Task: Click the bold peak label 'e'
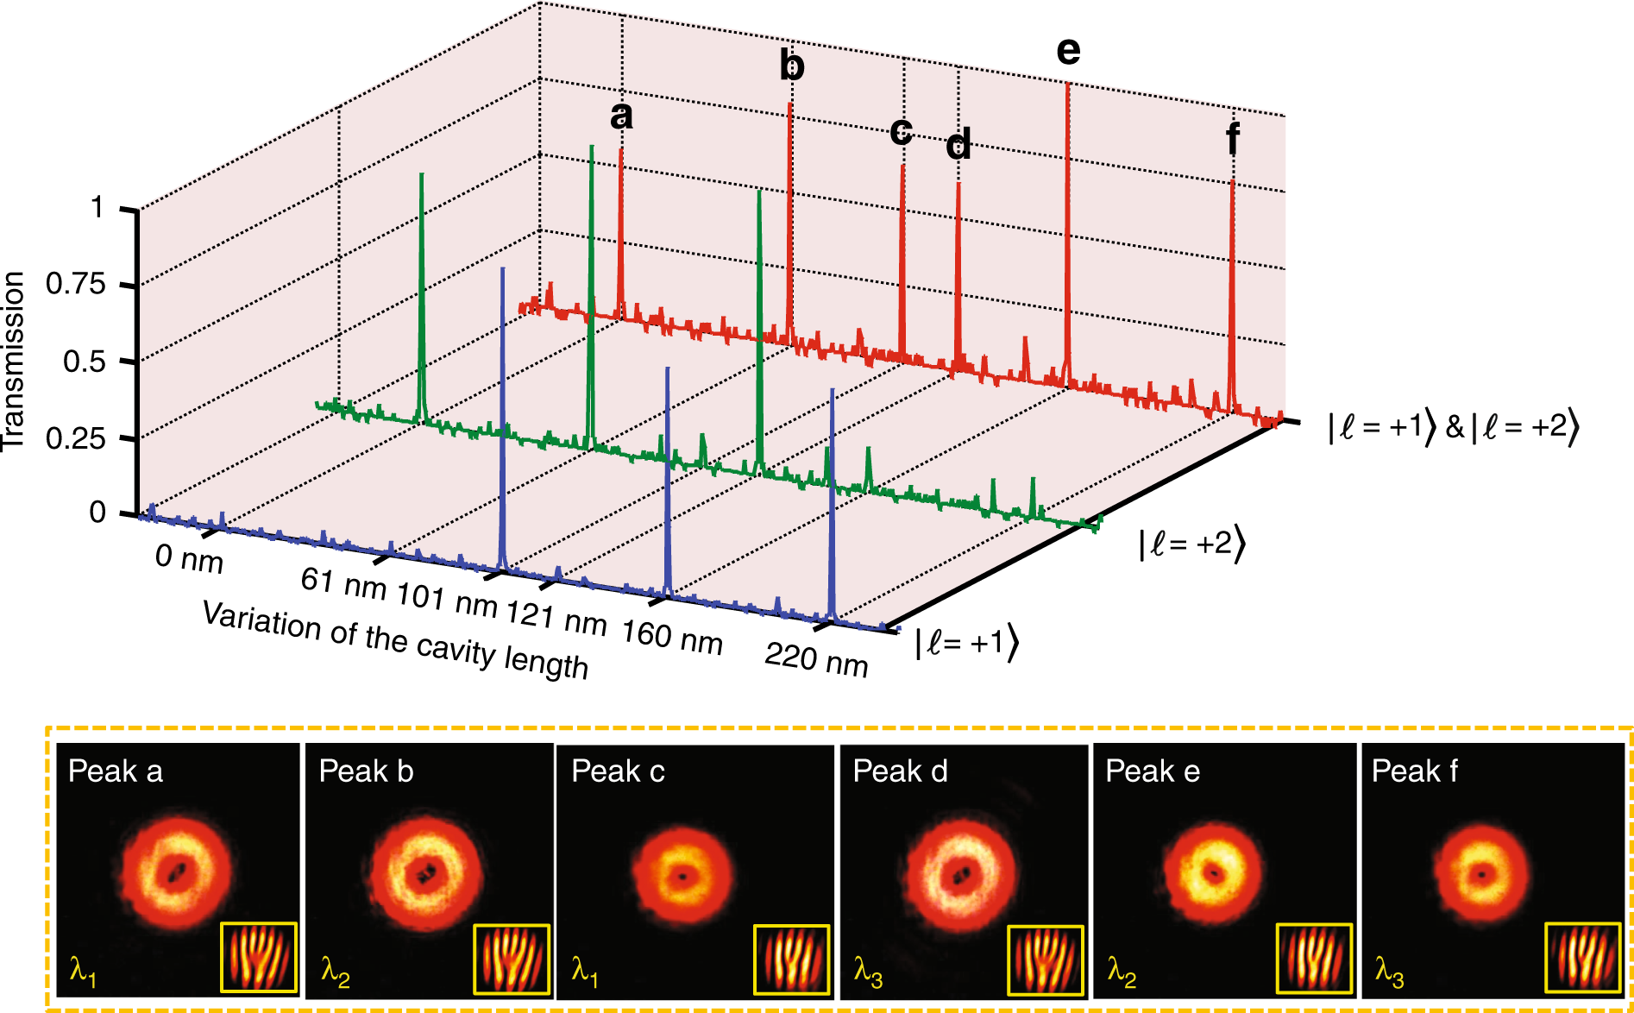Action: (x=1068, y=52)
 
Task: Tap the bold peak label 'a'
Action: (x=621, y=116)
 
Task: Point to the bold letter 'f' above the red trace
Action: (x=1233, y=137)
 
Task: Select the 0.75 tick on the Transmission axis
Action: (x=75, y=284)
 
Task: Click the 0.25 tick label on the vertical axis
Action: (x=75, y=438)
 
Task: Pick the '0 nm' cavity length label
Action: (x=189, y=559)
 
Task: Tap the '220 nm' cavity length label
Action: (x=816, y=660)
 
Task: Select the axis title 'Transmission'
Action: (x=14, y=361)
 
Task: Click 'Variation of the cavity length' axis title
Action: (x=395, y=641)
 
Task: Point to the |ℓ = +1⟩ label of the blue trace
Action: (x=966, y=644)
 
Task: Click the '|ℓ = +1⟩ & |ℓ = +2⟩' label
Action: (x=1453, y=427)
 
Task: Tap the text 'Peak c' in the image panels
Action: (x=618, y=771)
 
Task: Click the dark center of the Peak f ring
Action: (x=1482, y=874)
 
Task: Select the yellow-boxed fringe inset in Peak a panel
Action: (x=259, y=957)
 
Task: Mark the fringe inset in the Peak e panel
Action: (x=1314, y=959)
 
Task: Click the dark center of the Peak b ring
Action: (x=424, y=875)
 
